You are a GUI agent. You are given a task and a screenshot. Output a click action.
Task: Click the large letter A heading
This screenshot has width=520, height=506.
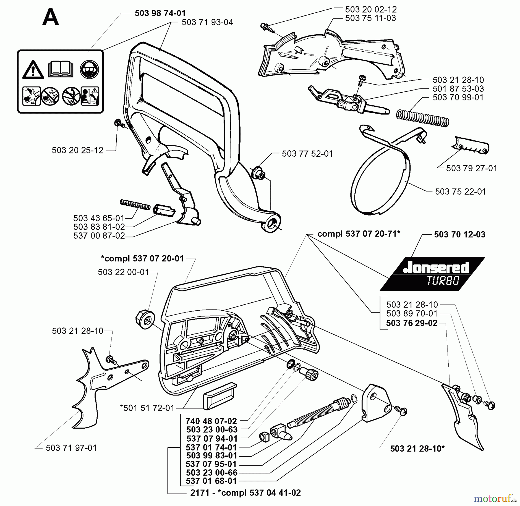pyautogui.click(x=51, y=17)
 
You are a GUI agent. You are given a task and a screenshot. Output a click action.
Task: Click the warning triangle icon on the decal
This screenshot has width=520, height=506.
pyautogui.click(x=33, y=70)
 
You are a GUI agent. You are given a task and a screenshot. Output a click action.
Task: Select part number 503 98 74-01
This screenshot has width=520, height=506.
pyautogui.click(x=160, y=13)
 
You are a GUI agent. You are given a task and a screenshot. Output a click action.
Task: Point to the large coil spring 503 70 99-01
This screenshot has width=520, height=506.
pyautogui.click(x=423, y=118)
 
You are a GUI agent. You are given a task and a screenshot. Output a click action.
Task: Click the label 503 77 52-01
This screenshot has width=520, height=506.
pyautogui.click(x=307, y=153)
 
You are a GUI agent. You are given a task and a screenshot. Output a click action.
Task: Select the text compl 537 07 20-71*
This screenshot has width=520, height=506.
pyautogui.click(x=359, y=234)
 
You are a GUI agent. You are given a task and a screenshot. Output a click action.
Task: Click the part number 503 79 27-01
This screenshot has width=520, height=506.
pyautogui.click(x=471, y=168)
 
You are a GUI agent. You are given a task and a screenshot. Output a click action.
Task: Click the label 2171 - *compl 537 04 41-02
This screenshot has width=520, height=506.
pyautogui.click(x=245, y=492)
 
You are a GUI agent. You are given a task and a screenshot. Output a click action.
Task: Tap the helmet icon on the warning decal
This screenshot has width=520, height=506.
pyautogui.click(x=90, y=69)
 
